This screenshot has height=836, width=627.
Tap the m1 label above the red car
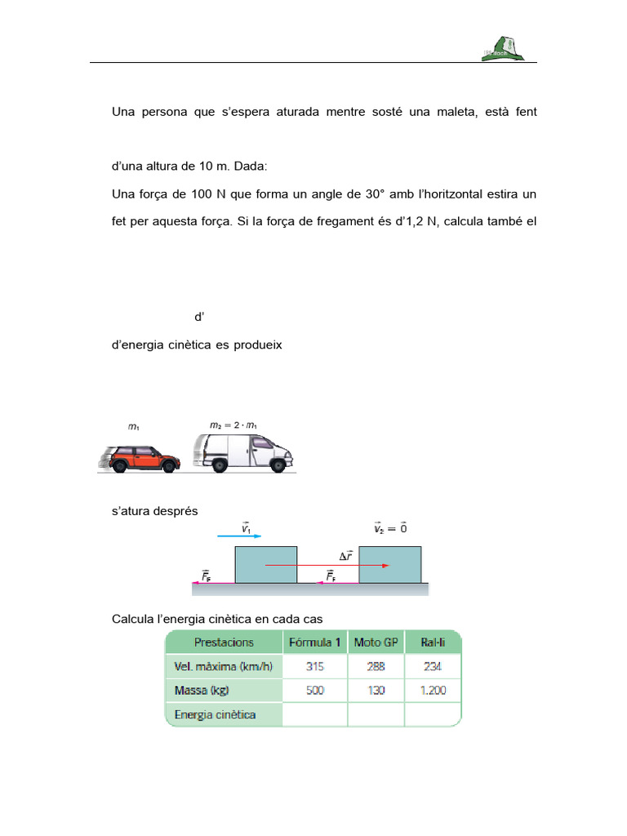[x=134, y=426]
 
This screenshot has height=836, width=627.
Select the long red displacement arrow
[x=327, y=565]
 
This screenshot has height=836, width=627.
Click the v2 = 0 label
[x=390, y=528]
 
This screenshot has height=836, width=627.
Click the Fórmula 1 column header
[x=315, y=643]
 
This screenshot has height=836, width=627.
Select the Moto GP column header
[x=376, y=643]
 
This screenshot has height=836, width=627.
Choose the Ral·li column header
[x=433, y=643]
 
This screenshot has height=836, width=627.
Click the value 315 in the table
[x=315, y=666]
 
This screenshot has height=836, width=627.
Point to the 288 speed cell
[x=376, y=666]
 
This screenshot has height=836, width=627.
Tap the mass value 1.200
[x=433, y=691]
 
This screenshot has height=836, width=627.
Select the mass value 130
[x=376, y=691]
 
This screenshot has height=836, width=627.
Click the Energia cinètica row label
[x=216, y=715]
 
